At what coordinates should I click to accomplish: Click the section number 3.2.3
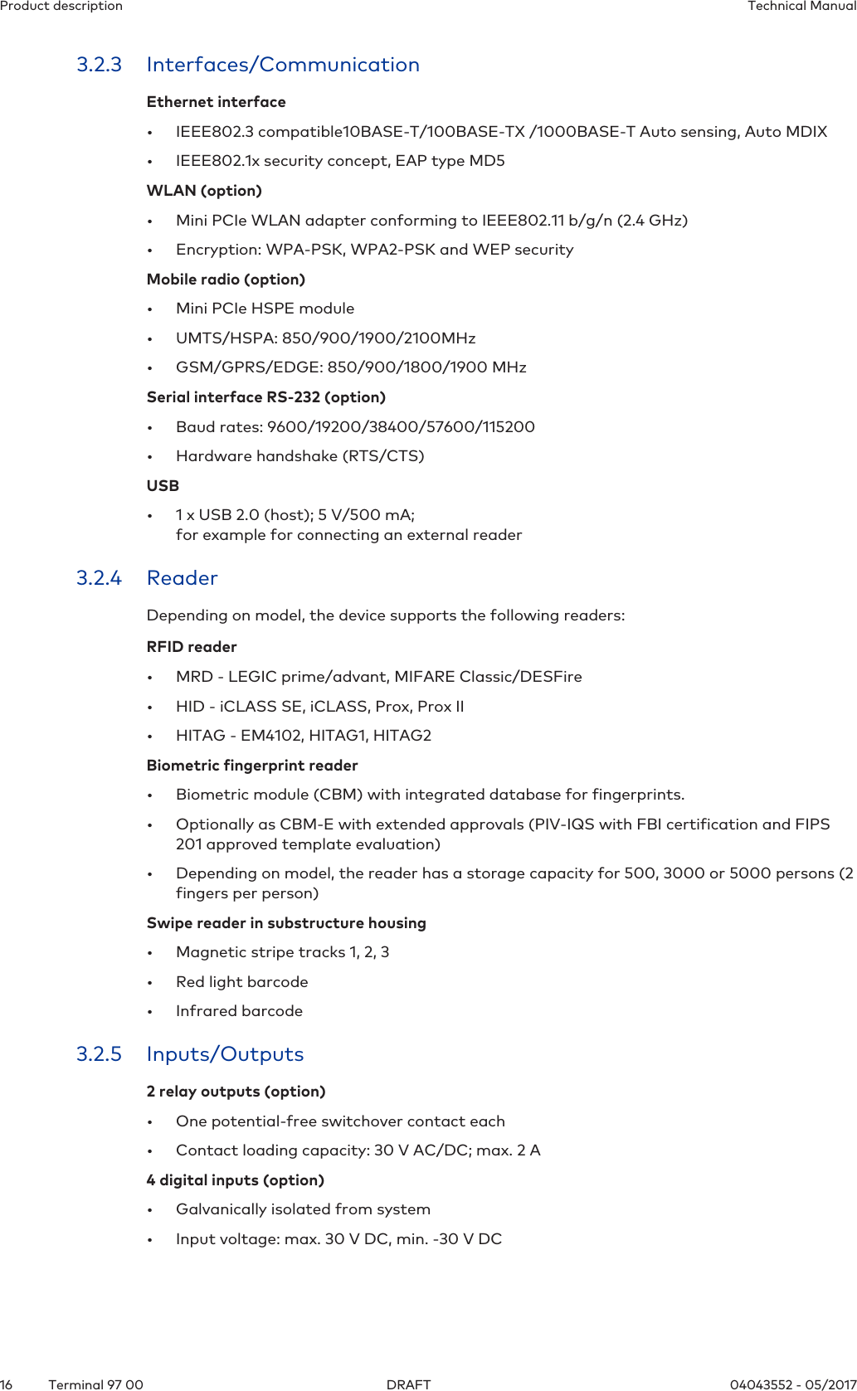tap(99, 65)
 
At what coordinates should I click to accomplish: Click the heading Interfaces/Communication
tap(283, 65)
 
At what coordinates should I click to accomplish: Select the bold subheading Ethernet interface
tap(216, 102)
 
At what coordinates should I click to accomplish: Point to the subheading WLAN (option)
tap(204, 191)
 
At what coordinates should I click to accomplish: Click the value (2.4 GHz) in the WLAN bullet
tap(652, 221)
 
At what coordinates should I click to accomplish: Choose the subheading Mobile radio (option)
tap(226, 280)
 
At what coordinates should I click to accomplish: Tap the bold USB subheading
tap(163, 486)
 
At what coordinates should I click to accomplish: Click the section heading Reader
tap(182, 578)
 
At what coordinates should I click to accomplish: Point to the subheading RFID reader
tap(192, 647)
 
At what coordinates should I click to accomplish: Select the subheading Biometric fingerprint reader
tap(252, 766)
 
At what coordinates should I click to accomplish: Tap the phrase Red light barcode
tap(241, 982)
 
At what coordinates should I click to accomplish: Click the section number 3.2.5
tap(99, 1054)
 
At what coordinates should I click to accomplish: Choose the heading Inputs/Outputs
tap(225, 1054)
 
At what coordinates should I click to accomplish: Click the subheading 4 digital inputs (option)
tap(235, 1180)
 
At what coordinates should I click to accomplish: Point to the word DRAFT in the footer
tap(409, 1384)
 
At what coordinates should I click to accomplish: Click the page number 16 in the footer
tap(7, 1384)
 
